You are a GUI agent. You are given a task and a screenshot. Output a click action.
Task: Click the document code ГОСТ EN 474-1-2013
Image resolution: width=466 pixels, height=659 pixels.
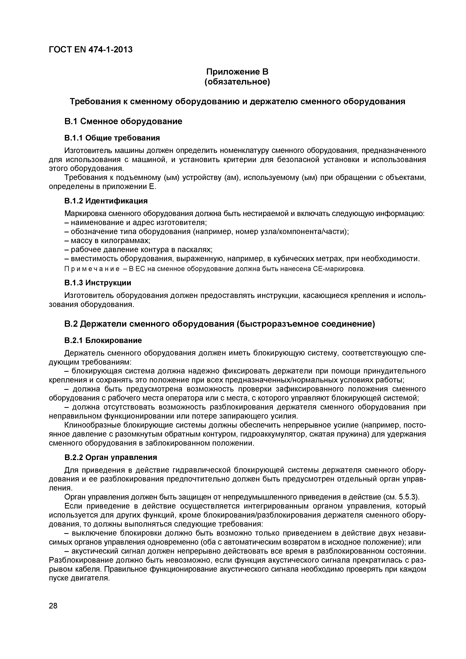click(91, 50)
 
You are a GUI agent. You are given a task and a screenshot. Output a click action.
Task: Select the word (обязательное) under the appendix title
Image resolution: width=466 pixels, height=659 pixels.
click(237, 82)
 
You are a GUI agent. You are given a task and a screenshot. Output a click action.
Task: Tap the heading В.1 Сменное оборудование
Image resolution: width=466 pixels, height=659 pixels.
click(123, 121)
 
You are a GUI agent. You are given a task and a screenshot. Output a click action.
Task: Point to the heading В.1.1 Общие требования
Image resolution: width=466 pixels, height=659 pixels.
click(112, 138)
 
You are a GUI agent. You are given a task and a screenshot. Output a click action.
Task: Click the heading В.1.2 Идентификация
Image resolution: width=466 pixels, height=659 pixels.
click(106, 201)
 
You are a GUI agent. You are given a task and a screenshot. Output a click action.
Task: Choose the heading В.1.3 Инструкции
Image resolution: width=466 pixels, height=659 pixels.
click(98, 283)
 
